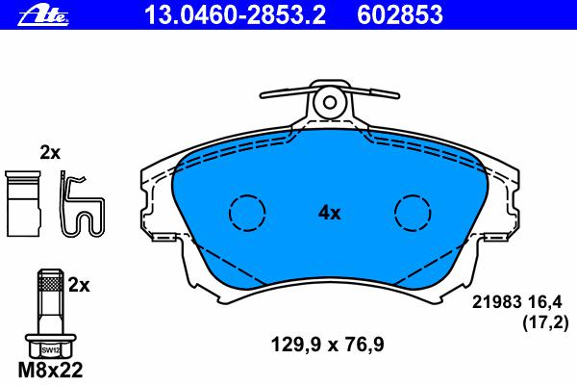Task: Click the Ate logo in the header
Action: click(43, 14)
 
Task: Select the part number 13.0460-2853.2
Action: click(236, 14)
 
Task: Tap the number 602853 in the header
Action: click(400, 14)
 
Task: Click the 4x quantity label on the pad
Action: click(330, 213)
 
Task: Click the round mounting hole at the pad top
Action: click(330, 102)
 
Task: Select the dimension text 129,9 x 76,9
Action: click(328, 345)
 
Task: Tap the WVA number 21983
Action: click(497, 302)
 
